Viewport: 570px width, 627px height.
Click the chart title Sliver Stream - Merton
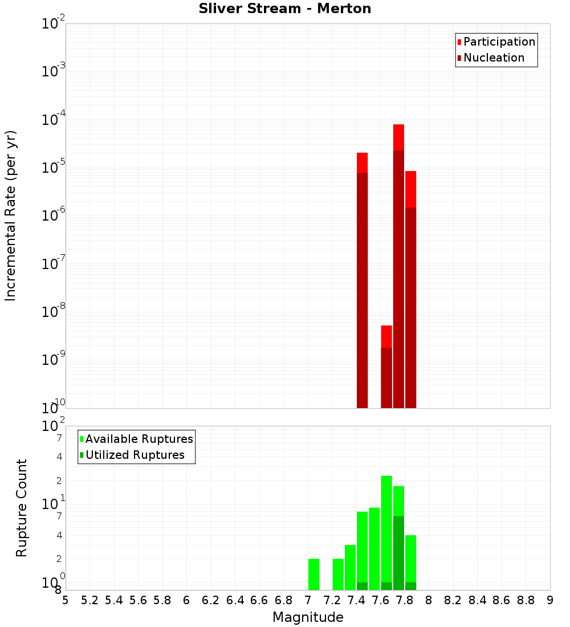pos(285,9)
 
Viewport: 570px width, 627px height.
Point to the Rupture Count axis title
pos(22,507)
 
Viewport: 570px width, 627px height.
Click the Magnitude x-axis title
pos(308,617)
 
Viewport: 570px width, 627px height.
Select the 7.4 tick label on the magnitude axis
pos(356,600)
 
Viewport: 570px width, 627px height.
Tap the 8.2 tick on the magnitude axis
pos(453,600)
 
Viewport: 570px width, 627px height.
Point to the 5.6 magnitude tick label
pos(139,600)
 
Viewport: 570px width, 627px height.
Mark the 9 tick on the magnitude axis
pos(550,600)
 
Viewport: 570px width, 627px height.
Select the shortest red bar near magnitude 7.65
pos(386,365)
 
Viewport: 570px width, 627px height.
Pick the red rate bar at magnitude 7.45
pos(362,279)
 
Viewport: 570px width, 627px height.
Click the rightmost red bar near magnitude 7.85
pos(410,285)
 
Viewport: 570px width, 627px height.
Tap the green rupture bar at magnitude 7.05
pos(313,574)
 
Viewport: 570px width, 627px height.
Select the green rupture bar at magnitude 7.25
pos(338,574)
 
